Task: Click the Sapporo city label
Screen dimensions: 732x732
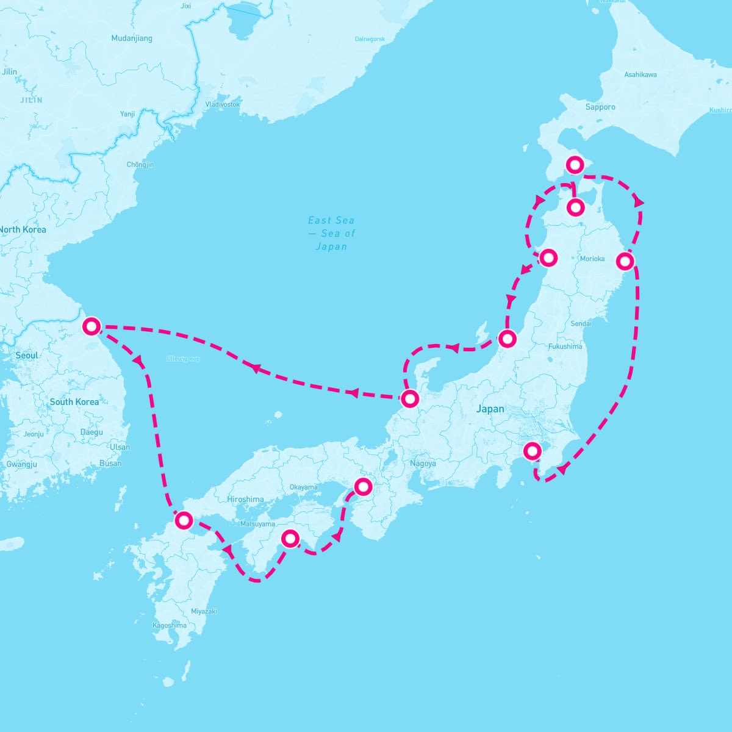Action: coord(600,107)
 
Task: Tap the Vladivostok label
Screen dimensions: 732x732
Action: coord(222,104)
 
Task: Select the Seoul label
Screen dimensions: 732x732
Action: coord(27,355)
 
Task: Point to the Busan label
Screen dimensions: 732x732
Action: coord(110,463)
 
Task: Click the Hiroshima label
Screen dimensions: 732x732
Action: coord(245,499)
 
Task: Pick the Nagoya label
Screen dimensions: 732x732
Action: coord(423,464)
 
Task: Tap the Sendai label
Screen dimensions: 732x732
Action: coord(581,323)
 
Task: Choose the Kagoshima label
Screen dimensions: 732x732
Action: coord(170,625)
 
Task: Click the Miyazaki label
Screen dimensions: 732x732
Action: coord(204,611)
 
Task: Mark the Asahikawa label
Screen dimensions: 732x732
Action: coord(640,74)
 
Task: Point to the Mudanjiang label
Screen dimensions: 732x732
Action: coord(132,38)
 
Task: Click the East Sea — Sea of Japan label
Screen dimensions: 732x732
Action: coord(331,233)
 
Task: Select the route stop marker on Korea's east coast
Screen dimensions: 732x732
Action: coord(91,326)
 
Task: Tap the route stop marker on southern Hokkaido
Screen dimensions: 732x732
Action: coord(575,164)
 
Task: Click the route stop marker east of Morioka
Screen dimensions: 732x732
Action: coord(625,261)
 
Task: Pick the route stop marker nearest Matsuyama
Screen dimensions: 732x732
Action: coord(290,538)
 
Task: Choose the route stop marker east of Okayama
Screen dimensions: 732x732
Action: coord(363,486)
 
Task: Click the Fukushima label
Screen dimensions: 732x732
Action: coord(565,346)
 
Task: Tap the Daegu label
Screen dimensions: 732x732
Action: coord(91,432)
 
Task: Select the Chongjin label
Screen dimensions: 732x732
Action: coord(140,165)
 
